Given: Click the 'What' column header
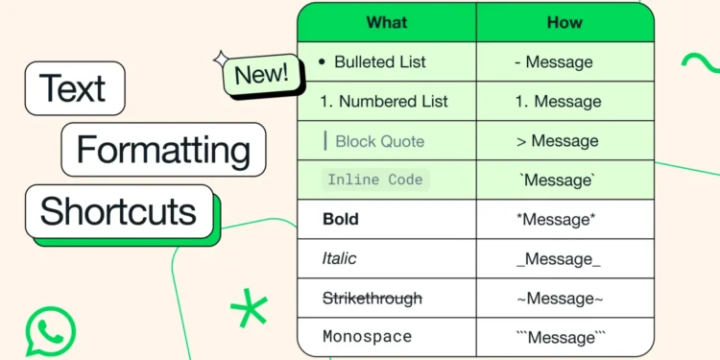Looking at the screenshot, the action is point(387,22).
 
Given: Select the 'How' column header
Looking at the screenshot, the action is point(565,22).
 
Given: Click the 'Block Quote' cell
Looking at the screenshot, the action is point(378,141).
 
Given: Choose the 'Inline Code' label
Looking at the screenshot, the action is point(374,180).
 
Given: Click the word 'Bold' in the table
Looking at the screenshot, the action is point(341,219).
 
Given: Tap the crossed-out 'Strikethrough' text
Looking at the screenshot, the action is point(372,299).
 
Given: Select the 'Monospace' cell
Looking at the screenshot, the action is point(368,337).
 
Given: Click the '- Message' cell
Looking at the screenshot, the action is point(553,62).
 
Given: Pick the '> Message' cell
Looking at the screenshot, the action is point(557,141).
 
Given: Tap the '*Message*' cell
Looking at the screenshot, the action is point(556,219).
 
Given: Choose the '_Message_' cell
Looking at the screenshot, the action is point(558,258).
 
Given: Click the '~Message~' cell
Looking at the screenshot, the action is point(560,299).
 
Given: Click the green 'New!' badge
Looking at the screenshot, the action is point(256,75).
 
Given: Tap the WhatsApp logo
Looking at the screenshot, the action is point(50,330).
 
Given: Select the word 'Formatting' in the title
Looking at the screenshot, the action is point(163,151).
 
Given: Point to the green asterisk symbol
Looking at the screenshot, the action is point(250,308).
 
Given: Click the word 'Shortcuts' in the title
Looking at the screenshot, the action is point(118,211).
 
